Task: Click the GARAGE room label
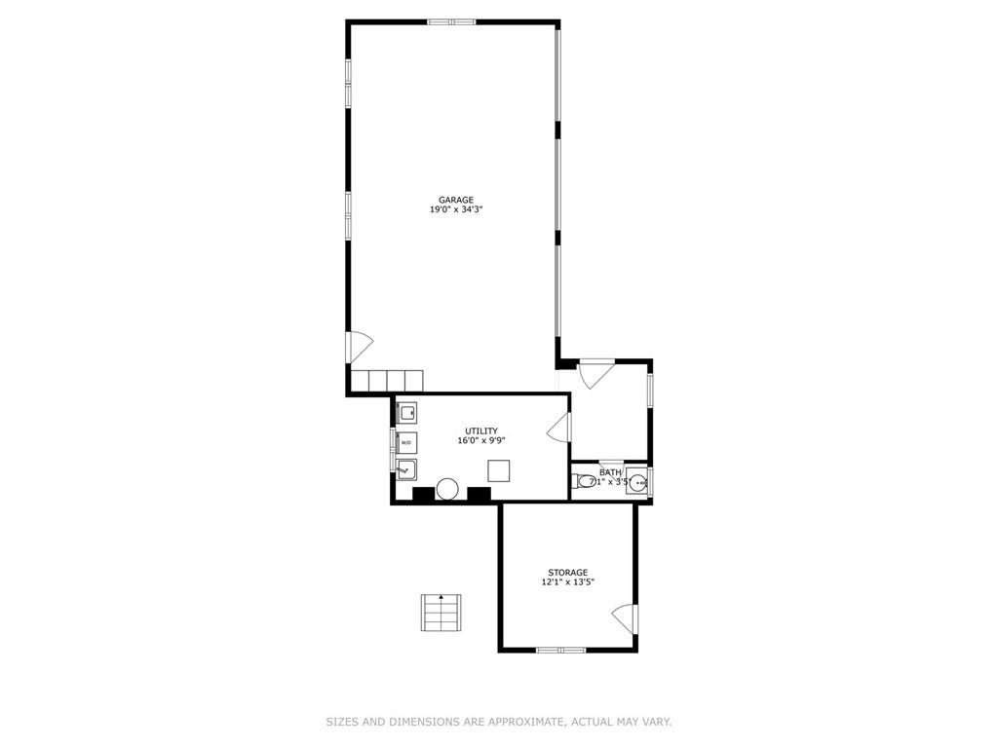pos(456,200)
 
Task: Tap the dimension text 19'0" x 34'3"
pos(456,209)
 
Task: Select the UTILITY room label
pos(481,431)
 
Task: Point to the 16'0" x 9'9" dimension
pos(481,441)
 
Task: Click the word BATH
pos(610,472)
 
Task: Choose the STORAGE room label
pos(568,573)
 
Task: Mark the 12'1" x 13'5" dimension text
pos(568,582)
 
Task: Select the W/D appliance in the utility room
pos(406,442)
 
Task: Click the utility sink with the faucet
pos(406,470)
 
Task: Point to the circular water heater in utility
pos(447,489)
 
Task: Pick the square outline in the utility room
pos(498,470)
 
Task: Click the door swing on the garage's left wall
pos(361,348)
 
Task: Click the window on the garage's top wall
pos(451,22)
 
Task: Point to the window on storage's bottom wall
pos(560,650)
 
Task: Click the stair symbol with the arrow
pos(441,614)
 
